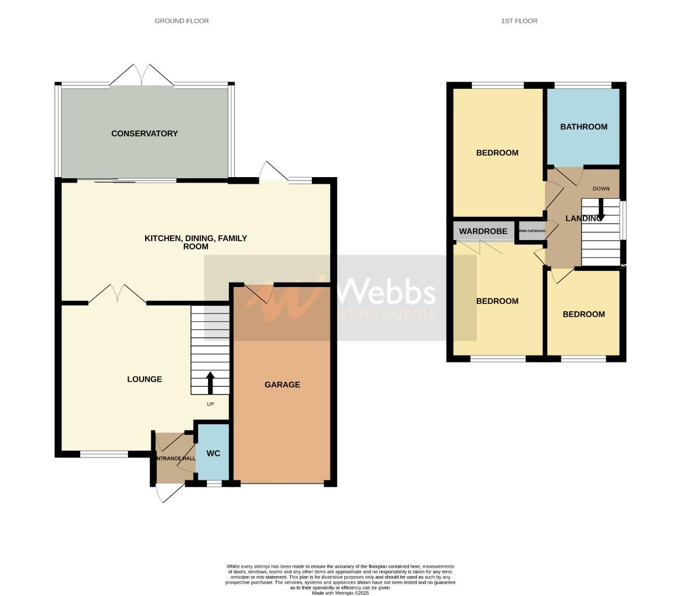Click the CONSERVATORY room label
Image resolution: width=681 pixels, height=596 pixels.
coord(145,134)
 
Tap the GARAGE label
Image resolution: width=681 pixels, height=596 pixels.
coord(282,385)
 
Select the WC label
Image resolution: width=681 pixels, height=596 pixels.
coord(213,453)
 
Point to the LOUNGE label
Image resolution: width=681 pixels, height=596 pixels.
coord(145,379)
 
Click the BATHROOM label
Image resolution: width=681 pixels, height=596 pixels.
coord(583,127)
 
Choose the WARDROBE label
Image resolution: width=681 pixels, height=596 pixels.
coord(483,231)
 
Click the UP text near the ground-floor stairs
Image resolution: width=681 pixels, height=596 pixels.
coord(210,404)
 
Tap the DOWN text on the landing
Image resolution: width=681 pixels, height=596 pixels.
coord(601,189)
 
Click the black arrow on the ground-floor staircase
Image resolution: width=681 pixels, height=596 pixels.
coord(210,382)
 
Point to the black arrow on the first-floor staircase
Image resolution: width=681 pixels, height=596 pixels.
coord(600,210)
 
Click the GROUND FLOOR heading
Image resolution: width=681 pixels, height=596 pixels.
coord(182,21)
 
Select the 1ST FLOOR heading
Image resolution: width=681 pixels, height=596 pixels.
coord(519,21)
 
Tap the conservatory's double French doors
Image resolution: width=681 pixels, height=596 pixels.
coord(142,76)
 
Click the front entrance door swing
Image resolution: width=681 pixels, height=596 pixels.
coord(162,493)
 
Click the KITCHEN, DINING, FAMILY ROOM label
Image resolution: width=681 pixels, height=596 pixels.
coord(196,242)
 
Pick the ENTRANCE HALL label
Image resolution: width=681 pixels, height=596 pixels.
coord(175,459)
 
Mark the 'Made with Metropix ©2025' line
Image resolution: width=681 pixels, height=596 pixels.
coord(340,593)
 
